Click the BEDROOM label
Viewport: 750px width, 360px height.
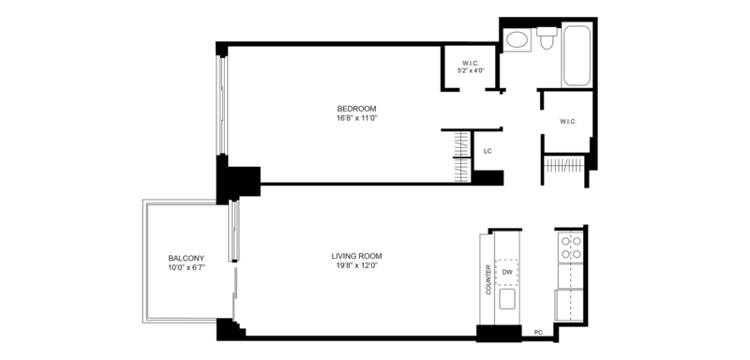[x=356, y=109]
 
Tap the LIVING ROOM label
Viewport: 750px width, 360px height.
[x=356, y=256]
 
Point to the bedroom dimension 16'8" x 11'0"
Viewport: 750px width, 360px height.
[x=356, y=118]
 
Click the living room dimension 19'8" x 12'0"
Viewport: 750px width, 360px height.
[x=356, y=265]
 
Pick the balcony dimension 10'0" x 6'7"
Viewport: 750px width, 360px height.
[x=186, y=268]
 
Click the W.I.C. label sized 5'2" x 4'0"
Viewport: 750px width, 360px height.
[x=471, y=63]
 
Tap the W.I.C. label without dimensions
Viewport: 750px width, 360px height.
[x=568, y=122]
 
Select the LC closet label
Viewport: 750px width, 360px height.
[x=487, y=152]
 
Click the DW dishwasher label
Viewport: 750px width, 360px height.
[x=507, y=273]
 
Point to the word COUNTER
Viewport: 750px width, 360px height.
[x=488, y=279]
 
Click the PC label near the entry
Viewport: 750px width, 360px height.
[x=538, y=332]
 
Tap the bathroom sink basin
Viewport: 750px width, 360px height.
[x=517, y=39]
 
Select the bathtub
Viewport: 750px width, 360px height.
[x=577, y=55]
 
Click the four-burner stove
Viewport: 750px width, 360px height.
[x=571, y=247]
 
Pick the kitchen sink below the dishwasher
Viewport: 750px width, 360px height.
[x=507, y=299]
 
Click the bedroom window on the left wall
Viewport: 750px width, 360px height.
[x=222, y=105]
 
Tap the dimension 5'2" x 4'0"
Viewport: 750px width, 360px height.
[x=471, y=70]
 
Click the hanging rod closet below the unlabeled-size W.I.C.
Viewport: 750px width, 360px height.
[x=564, y=165]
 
